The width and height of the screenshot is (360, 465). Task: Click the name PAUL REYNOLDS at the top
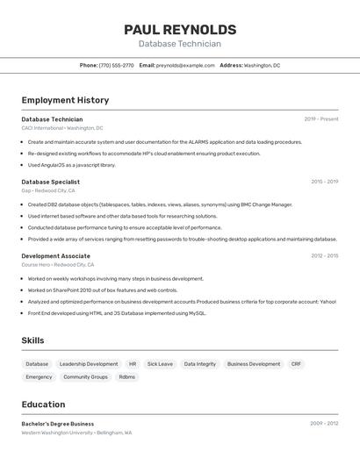pos(180,30)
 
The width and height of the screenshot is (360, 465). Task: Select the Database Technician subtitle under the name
pos(180,44)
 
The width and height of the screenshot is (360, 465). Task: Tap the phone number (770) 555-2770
pos(117,65)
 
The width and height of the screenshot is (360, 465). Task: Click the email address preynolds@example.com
pos(185,65)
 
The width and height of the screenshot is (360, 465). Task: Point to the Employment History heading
pos(65,100)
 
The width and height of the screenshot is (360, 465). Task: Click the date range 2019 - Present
pos(321,119)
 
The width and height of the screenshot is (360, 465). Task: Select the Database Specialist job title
pos(51,182)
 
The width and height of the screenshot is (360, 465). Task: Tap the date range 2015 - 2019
pos(324,182)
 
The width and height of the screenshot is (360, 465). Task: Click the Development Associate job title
pos(56,256)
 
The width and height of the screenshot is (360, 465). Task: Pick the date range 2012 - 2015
pos(324,256)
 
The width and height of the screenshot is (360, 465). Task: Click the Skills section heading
pos(32,340)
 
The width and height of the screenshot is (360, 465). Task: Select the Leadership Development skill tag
pos(89,363)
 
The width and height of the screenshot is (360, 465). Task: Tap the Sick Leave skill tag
pos(160,363)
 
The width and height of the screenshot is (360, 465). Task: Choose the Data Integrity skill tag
pos(200,363)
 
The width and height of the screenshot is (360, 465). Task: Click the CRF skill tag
pos(296,363)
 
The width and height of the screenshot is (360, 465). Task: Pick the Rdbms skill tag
pos(127,376)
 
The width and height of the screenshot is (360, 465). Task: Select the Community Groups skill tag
pos(85,376)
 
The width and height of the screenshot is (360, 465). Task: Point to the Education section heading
pos(43,404)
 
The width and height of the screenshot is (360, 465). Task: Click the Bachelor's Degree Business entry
pos(58,424)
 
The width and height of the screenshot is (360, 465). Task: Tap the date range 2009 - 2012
pos(324,424)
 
